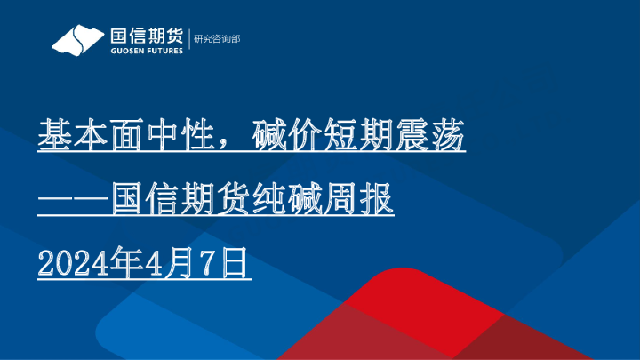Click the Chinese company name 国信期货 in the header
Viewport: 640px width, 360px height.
click(x=145, y=36)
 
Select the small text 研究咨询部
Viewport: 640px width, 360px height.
click(x=216, y=39)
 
